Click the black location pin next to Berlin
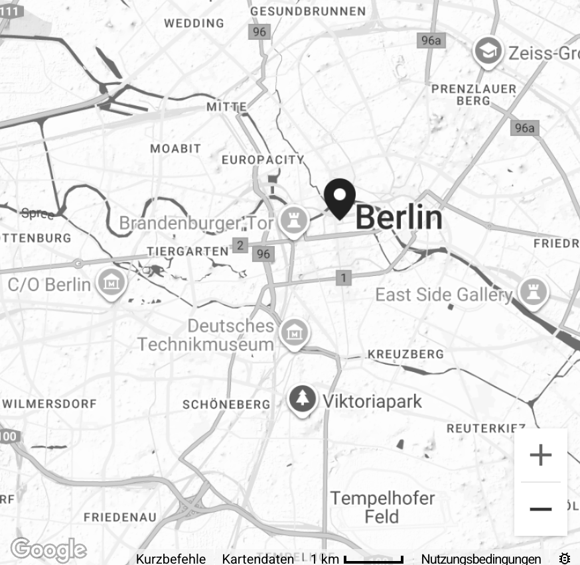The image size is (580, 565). coord(340,198)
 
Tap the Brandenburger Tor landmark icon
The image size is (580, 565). coord(291,221)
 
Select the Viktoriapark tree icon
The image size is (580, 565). coord(302,400)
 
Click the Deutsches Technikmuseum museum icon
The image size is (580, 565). coord(293,334)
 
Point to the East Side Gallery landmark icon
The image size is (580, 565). coord(534,293)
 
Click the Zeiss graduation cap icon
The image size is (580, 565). coord(488,52)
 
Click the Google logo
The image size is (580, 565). coord(48,550)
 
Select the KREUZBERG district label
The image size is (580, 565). coord(405,354)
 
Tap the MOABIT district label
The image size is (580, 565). coord(175,149)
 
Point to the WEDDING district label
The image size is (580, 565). coord(194,23)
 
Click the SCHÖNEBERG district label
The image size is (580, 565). coord(226,404)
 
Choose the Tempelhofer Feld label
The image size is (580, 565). coord(382,507)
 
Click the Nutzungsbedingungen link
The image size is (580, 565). coord(480,559)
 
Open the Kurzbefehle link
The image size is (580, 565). coord(171,559)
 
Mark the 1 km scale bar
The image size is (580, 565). coord(373,560)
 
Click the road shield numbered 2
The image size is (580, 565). coord(240,246)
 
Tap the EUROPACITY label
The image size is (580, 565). coord(263,160)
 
